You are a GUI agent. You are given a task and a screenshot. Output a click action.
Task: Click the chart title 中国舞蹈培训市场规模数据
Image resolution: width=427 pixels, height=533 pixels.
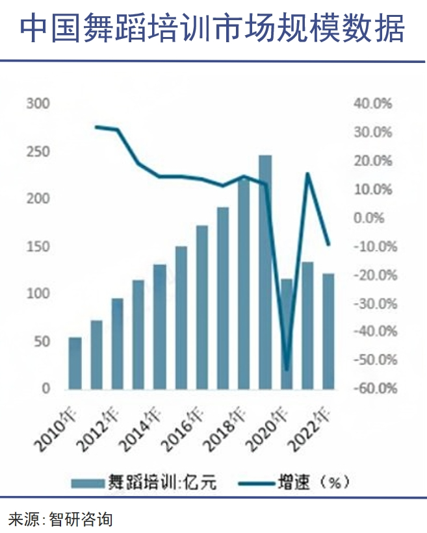pos(213,29)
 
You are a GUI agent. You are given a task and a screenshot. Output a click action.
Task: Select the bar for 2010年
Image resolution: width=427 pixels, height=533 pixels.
pos(75,363)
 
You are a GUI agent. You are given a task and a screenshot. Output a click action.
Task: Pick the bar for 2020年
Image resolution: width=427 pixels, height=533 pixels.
pos(287,334)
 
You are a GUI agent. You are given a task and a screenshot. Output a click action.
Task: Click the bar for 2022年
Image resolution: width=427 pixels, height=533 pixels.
pos(328,331)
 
